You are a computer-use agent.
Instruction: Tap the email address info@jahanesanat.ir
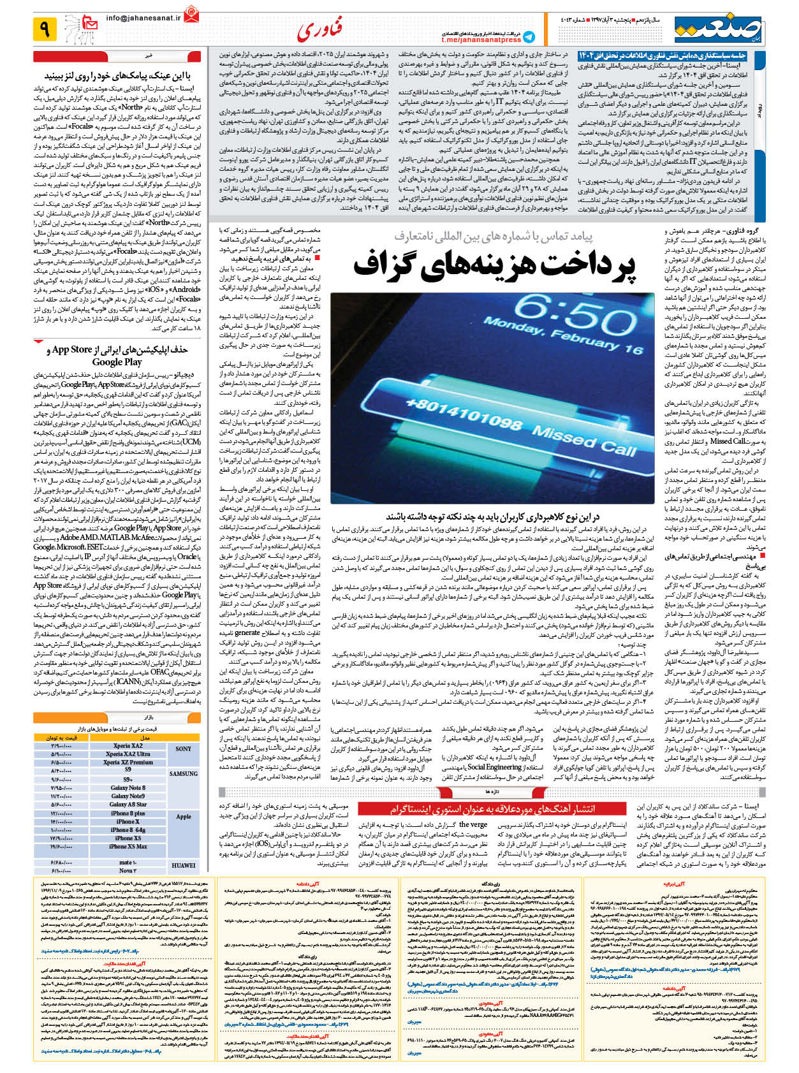coord(143,18)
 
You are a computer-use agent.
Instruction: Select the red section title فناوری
coord(320,29)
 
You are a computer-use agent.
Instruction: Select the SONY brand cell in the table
coord(184,749)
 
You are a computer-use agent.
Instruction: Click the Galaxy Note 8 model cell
coord(128,788)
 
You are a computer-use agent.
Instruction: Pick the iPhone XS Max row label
coord(128,847)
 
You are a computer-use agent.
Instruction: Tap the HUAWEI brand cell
coord(184,866)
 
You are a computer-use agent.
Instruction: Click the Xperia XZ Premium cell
coord(128,763)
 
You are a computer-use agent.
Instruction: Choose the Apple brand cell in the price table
coord(184,817)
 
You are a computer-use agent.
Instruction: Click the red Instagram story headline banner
coord(493,809)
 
